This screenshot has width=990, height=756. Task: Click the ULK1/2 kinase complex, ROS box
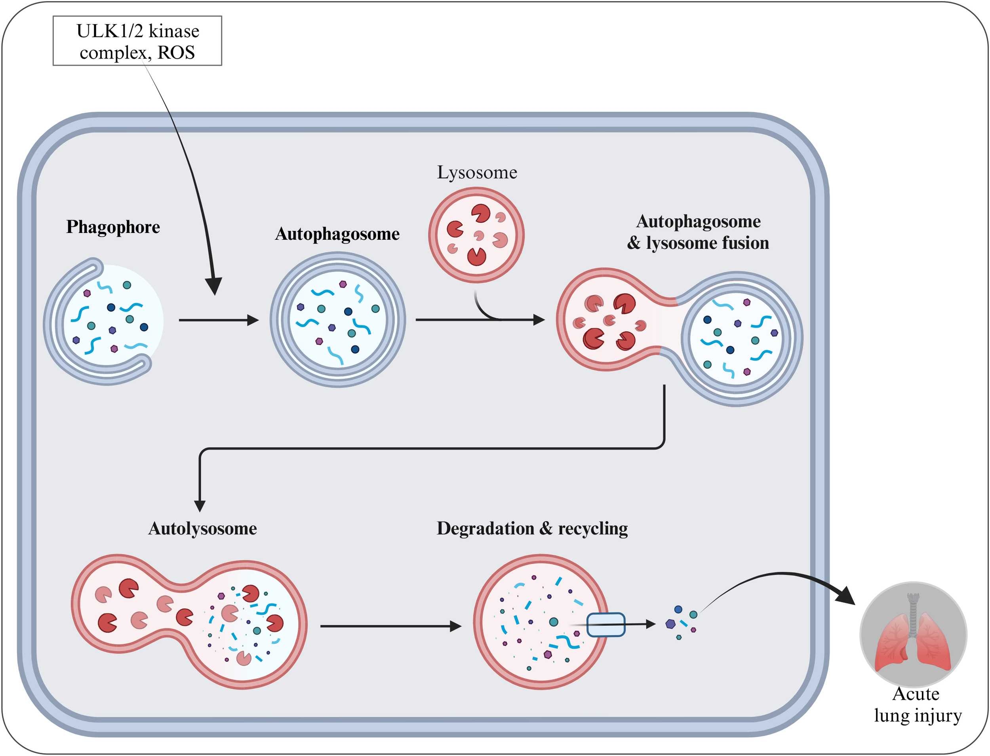(x=137, y=41)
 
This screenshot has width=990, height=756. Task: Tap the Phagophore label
(x=113, y=227)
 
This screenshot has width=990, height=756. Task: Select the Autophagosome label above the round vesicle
(x=337, y=234)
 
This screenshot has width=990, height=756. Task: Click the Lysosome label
(x=477, y=172)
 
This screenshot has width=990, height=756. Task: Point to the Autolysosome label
(x=202, y=528)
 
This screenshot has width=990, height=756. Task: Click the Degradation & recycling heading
(x=532, y=528)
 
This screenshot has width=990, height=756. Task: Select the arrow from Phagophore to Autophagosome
(x=218, y=320)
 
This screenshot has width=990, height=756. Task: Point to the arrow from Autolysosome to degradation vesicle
(x=390, y=626)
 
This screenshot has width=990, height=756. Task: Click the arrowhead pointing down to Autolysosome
(x=200, y=506)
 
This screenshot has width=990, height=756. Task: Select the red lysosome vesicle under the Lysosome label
(x=476, y=235)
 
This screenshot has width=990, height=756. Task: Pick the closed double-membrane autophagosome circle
(x=337, y=319)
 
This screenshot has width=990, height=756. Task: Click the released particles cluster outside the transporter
(x=681, y=622)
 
